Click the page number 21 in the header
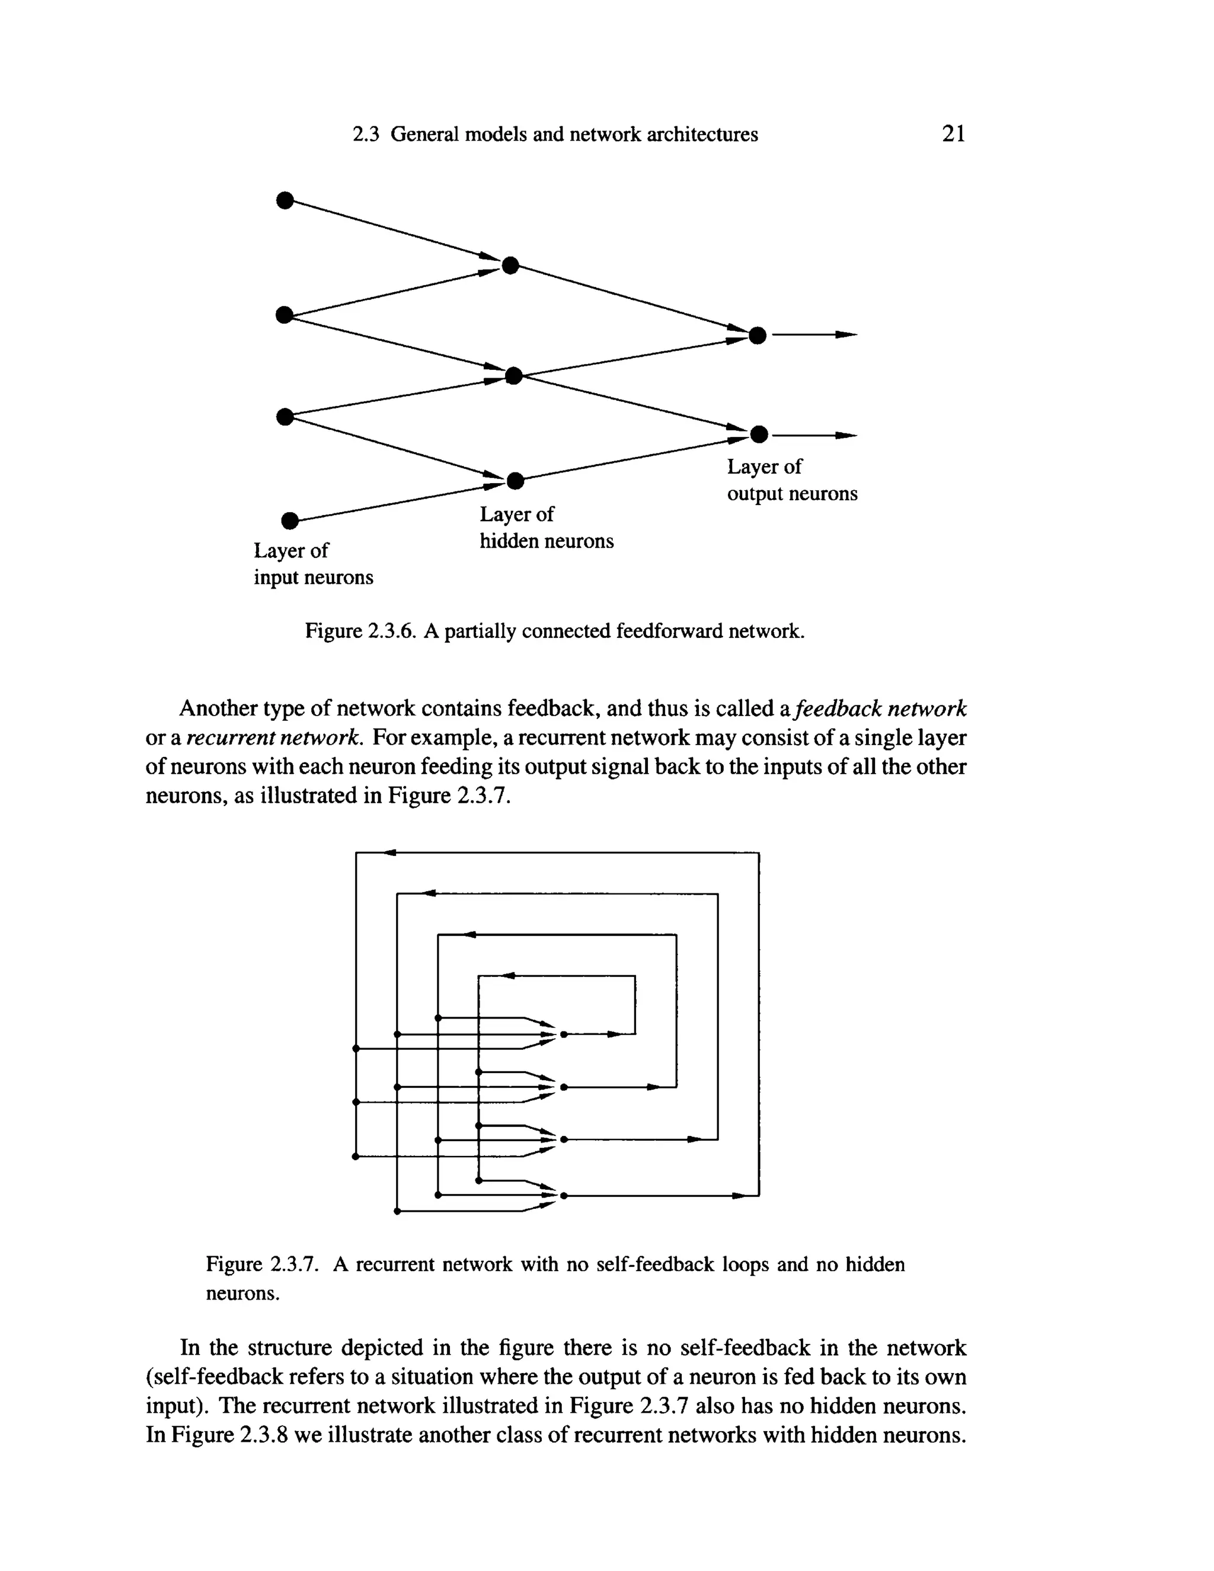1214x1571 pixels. coord(954,134)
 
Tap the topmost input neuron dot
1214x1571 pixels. coord(285,200)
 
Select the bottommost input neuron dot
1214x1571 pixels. coord(289,519)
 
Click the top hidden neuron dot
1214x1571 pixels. coord(510,266)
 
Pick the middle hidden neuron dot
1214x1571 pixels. coord(513,375)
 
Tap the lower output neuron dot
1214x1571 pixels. coord(759,435)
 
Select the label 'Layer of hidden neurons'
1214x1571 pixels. coord(546,527)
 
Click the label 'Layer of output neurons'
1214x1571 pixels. coord(791,480)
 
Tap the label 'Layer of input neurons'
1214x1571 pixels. coord(313,564)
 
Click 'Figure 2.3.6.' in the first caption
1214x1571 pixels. coord(360,631)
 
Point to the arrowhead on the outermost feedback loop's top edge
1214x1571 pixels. coord(390,853)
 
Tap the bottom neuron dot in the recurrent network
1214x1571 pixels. coord(564,1196)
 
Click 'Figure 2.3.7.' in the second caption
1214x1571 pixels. coord(262,1264)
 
